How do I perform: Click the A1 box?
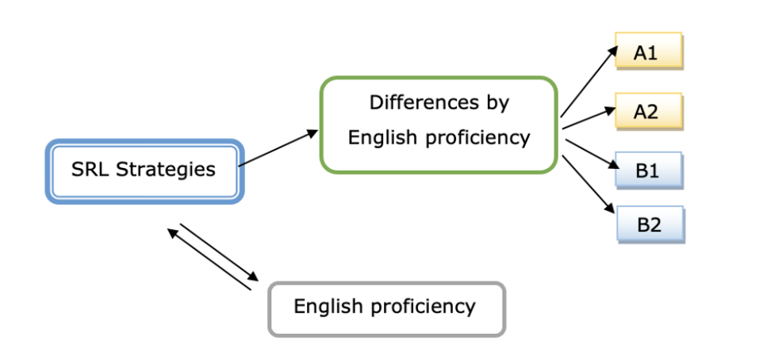point(648,52)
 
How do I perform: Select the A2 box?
point(648,112)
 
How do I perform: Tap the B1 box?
point(648,170)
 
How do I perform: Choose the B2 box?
point(650,225)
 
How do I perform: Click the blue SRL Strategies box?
point(144,170)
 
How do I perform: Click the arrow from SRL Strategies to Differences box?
point(278,149)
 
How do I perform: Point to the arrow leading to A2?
point(589,117)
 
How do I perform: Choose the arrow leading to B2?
point(589,184)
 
